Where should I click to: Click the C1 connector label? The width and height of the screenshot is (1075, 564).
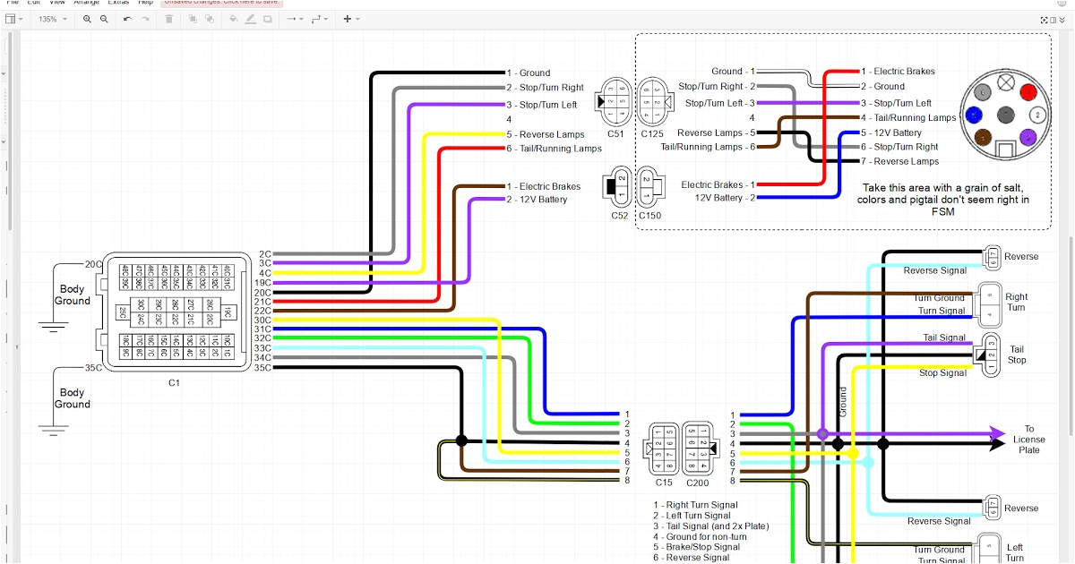coord(174,383)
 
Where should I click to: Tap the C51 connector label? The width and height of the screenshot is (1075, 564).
coord(615,133)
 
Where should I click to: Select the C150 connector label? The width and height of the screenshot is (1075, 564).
coord(650,215)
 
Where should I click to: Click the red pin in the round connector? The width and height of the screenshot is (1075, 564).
coord(1028,92)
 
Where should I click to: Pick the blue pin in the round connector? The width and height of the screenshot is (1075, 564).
coord(973,115)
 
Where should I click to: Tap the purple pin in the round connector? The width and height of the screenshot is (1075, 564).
coord(1028,137)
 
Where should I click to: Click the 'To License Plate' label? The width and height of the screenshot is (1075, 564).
coord(1029,439)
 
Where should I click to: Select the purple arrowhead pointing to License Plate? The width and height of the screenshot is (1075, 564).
coord(997,433)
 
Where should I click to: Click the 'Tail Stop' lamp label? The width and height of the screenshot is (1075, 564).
coord(1017,355)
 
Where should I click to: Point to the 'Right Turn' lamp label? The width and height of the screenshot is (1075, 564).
coord(1016,302)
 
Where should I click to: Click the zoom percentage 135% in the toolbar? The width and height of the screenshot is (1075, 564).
coord(47,19)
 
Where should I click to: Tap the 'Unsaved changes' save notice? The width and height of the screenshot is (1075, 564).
coord(220,2)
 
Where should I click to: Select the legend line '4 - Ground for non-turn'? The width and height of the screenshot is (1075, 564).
coord(705,536)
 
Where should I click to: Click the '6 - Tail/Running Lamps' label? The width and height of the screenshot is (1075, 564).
coord(554,149)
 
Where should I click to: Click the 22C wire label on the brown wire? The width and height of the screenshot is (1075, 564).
coord(262,311)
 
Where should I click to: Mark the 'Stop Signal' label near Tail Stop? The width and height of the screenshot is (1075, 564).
coord(942,372)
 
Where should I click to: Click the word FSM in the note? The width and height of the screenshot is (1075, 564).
coord(942,212)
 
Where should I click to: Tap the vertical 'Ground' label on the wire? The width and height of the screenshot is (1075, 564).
coord(843,401)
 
